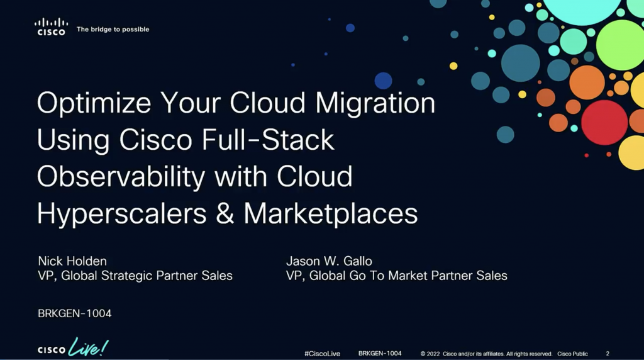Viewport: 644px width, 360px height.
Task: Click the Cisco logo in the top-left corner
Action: (x=52, y=26)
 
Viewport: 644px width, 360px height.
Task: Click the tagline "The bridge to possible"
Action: (x=113, y=29)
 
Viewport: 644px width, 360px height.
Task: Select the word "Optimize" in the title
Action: (x=94, y=103)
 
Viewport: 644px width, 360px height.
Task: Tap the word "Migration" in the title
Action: (x=375, y=103)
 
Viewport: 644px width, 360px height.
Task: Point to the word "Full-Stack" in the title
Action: (x=268, y=140)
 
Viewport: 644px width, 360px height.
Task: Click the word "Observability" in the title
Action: (x=121, y=177)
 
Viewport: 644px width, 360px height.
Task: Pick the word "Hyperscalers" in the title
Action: (x=122, y=214)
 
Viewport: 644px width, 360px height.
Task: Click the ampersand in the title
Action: (x=225, y=213)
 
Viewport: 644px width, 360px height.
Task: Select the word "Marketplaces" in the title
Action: (x=331, y=213)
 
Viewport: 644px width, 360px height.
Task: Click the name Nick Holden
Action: (x=72, y=261)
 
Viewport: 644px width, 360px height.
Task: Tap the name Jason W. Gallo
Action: (x=329, y=261)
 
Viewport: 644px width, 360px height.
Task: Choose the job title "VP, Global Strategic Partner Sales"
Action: (x=135, y=275)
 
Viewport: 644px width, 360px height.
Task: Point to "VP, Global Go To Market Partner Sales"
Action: (x=397, y=275)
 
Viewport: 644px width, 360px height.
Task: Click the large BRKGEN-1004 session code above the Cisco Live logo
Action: (x=75, y=313)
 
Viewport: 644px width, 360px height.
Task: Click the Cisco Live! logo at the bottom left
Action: (x=73, y=347)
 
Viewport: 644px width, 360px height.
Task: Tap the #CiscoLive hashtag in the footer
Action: (x=323, y=354)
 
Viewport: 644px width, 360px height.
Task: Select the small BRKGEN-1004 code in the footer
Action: (x=380, y=354)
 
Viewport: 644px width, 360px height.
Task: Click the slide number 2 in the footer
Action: (x=608, y=354)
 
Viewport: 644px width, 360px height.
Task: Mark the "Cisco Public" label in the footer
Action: (x=572, y=354)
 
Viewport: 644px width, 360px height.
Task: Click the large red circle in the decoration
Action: (x=604, y=123)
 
